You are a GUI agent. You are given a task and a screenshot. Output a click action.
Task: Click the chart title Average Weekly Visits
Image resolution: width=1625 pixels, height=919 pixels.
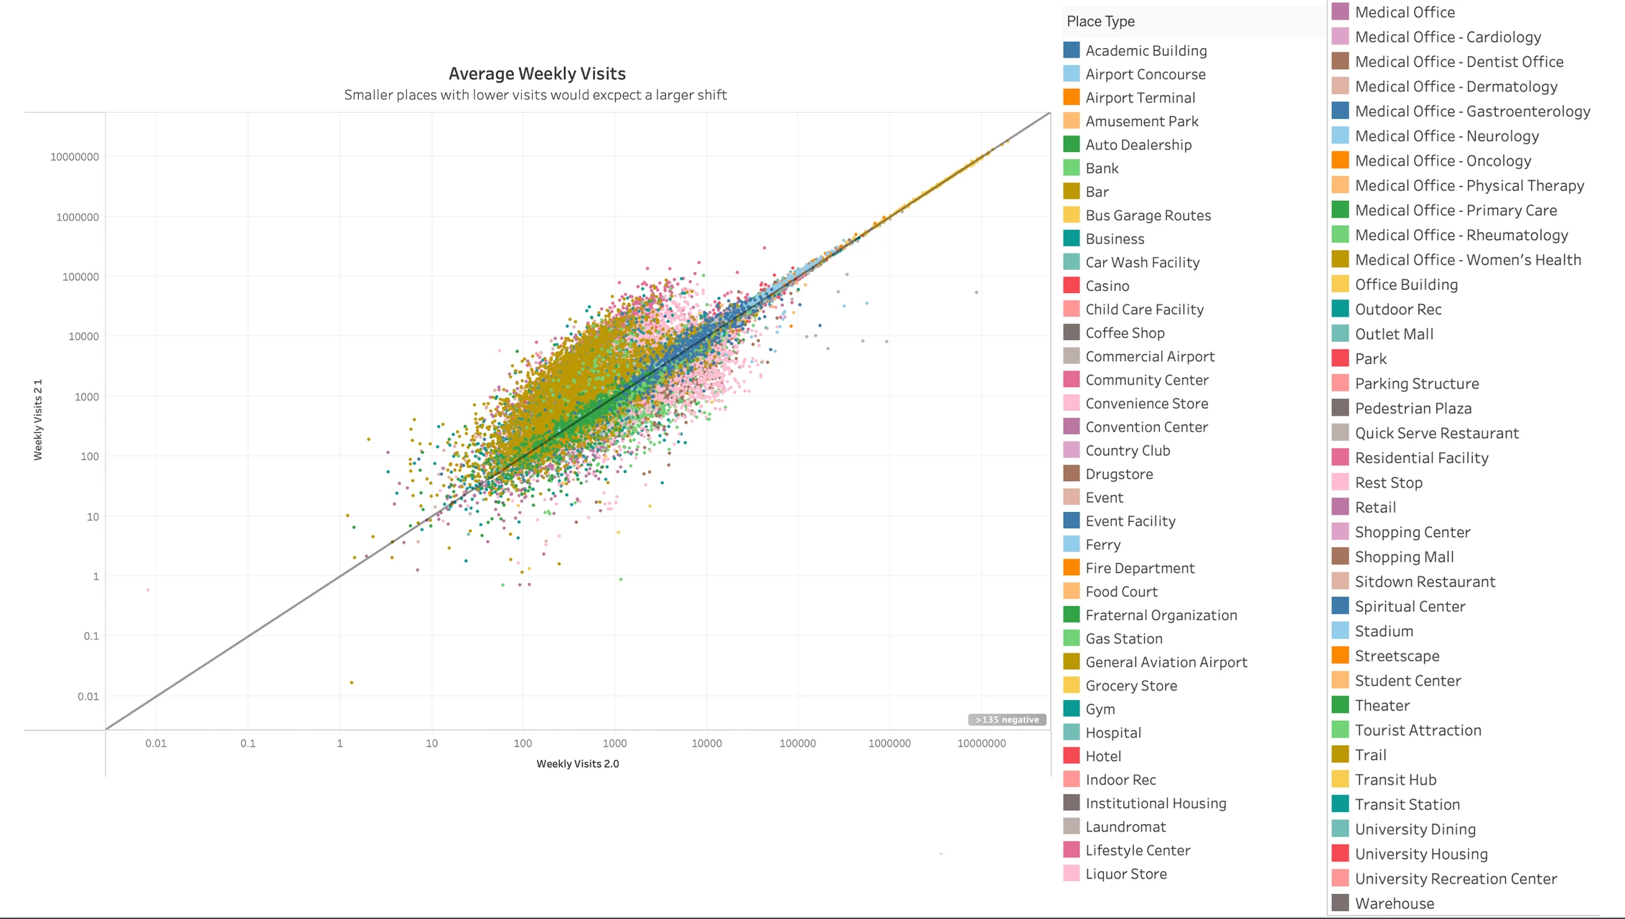click(537, 74)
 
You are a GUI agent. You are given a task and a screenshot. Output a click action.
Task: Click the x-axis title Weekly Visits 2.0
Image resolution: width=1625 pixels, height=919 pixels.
click(577, 764)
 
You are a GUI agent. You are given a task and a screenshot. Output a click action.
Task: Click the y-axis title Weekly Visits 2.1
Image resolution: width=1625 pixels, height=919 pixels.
click(39, 419)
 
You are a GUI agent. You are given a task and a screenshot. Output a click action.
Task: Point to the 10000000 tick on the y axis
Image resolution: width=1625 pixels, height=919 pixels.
click(75, 157)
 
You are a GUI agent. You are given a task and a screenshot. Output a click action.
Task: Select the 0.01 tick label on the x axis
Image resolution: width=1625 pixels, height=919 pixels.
click(156, 744)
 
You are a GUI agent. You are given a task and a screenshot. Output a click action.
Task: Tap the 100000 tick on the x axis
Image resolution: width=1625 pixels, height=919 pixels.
click(797, 744)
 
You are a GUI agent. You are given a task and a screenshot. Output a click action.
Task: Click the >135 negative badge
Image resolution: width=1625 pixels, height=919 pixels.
click(1006, 719)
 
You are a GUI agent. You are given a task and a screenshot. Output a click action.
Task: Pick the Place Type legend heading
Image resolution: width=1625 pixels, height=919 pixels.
click(1100, 22)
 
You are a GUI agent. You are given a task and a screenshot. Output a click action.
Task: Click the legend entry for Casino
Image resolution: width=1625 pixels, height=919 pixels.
click(1107, 286)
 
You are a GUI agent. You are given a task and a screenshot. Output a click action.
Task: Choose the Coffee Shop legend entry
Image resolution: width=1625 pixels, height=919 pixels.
click(1125, 333)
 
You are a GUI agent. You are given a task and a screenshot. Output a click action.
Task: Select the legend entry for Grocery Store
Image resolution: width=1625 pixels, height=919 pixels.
click(1130, 686)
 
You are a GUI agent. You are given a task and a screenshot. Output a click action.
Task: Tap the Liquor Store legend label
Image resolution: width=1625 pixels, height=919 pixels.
click(1125, 874)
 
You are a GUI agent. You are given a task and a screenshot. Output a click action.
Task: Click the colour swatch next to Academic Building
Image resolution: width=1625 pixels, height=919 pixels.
click(1071, 50)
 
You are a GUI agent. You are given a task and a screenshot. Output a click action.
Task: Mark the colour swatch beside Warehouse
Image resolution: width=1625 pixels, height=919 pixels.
click(1340, 903)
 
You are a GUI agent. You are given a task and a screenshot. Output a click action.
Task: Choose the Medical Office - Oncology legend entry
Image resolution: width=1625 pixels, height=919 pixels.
click(1443, 161)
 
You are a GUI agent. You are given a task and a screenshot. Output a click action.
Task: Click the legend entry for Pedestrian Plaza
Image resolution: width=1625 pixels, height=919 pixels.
click(1413, 409)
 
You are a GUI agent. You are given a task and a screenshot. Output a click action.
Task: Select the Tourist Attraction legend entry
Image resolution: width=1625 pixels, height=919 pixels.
click(1418, 730)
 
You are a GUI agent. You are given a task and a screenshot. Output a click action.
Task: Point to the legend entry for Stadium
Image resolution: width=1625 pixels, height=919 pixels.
click(1384, 631)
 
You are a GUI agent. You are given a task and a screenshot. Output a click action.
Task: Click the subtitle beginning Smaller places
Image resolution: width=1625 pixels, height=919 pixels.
click(535, 95)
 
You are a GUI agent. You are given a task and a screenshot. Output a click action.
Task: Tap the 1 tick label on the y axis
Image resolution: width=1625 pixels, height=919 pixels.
click(95, 577)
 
